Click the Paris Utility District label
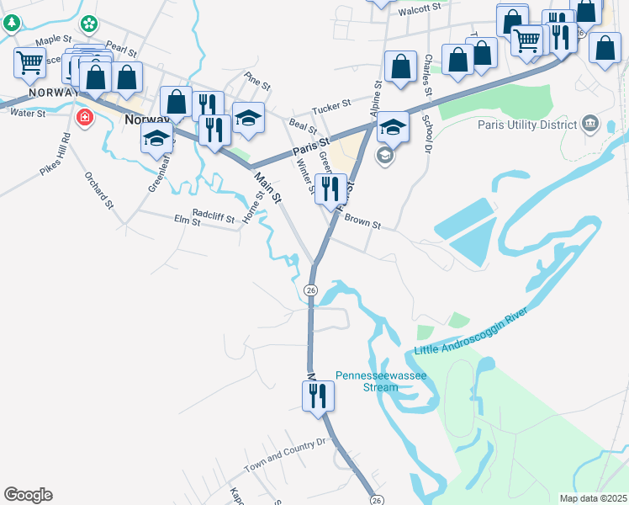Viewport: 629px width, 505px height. (525, 125)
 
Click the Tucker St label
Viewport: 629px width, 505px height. (330, 109)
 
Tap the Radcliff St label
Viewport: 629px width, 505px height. (213, 215)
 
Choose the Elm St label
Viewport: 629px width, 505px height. (186, 221)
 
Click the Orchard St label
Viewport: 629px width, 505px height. (98, 190)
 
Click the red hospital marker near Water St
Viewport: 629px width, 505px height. (84, 117)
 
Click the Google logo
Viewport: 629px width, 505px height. (28, 495)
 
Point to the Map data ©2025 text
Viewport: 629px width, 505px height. (592, 498)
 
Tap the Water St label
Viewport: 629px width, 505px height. (28, 113)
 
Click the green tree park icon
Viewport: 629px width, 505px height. (10, 22)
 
